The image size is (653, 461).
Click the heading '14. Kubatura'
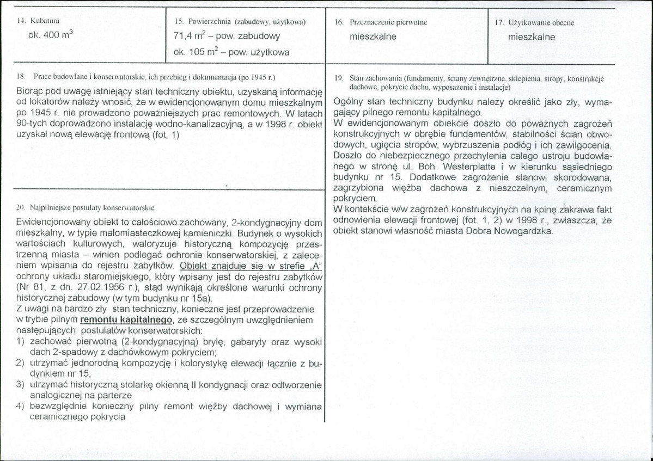click(x=38, y=22)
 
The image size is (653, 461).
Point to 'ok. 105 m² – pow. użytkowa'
click(x=231, y=53)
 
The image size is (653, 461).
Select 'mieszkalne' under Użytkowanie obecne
click(x=532, y=38)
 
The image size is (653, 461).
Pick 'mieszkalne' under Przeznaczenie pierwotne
click(x=373, y=38)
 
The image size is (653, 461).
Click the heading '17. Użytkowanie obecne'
click(x=535, y=22)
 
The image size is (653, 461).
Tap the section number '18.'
click(x=23, y=78)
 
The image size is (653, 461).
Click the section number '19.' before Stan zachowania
click(x=338, y=78)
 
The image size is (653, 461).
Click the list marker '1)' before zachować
click(x=21, y=341)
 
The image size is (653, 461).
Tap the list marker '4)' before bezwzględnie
click(x=21, y=407)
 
